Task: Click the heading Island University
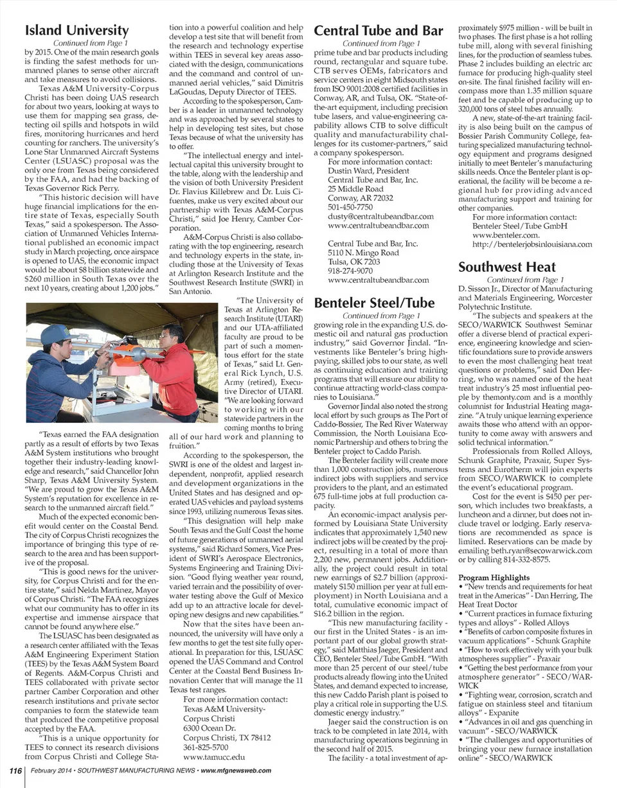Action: click(76, 30)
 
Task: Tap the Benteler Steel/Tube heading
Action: click(373, 303)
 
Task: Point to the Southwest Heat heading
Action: click(507, 267)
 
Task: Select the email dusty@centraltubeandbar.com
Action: click(380, 216)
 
